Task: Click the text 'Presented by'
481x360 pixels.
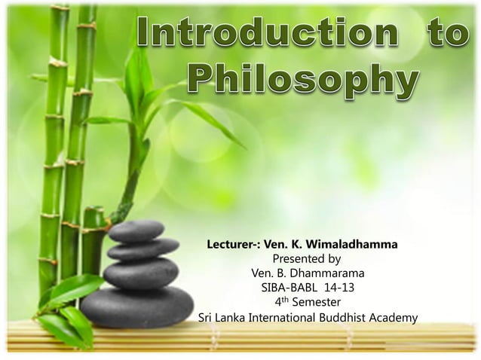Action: (306, 258)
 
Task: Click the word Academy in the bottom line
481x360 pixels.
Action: (392, 318)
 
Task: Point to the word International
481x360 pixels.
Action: (274, 318)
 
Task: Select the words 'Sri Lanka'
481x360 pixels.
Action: (219, 318)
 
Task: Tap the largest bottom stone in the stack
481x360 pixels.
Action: (136, 306)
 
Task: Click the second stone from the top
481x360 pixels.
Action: (142, 249)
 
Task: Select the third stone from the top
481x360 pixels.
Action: (140, 272)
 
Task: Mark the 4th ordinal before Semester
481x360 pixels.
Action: (281, 301)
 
